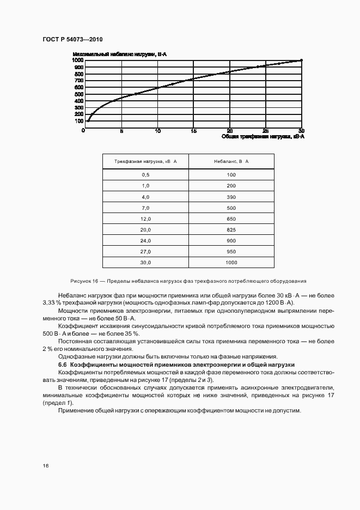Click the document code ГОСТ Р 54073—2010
tap(72, 40)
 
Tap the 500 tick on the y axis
tap(79, 94)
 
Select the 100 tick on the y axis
tap(79, 121)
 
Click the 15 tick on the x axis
tap(193, 131)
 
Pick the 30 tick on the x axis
tap(301, 131)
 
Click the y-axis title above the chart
tap(119, 54)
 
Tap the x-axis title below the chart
tap(263, 137)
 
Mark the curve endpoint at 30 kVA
tap(301, 60)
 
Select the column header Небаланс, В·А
tap(231, 162)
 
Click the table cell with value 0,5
tap(145, 174)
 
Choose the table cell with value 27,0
tap(145, 252)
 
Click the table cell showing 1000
tap(231, 263)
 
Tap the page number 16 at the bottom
tap(46, 466)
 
